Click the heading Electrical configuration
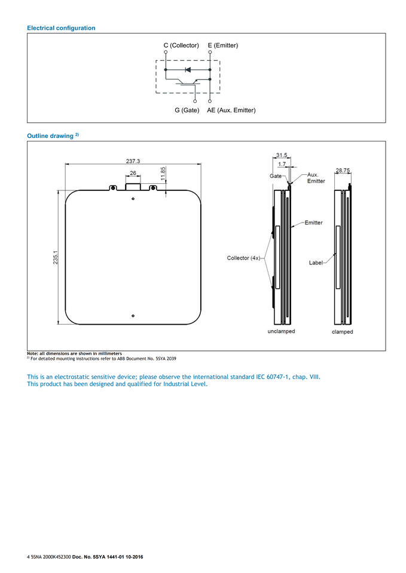coord(61,28)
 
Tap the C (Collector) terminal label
coord(181,45)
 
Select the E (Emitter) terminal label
coord(222,45)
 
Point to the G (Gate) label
coord(187,110)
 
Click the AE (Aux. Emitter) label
coord(231,110)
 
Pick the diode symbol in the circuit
coord(188,70)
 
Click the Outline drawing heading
coord(51,136)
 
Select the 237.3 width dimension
coord(133,161)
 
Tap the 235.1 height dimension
coord(56,258)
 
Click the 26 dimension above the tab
coord(133,173)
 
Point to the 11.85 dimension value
coord(163,174)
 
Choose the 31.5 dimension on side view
coord(282,155)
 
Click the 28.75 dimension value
coord(343,171)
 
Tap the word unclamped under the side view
coord(281,331)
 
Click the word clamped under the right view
coord(343,332)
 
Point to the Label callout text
coord(316,263)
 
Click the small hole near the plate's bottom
coord(133,315)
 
